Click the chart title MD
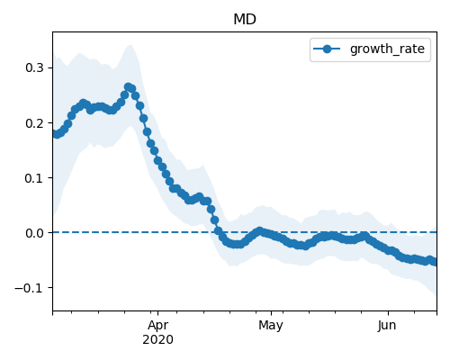pyautogui.click(x=245, y=20)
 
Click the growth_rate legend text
pyautogui.click(x=387, y=49)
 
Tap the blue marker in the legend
pyautogui.click(x=327, y=49)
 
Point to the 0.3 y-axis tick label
pyautogui.click(x=35, y=67)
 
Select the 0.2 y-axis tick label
pyautogui.click(x=35, y=123)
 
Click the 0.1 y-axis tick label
pyautogui.click(x=35, y=178)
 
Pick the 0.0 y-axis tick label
pyautogui.click(x=35, y=233)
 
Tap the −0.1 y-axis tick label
pyautogui.click(x=30, y=288)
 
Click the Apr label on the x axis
pyautogui.click(x=158, y=326)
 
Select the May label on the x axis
pyautogui.click(x=271, y=326)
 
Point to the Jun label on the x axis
pyautogui.click(x=388, y=326)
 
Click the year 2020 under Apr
pyautogui.click(x=157, y=340)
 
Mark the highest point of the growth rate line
pyautogui.click(x=129, y=87)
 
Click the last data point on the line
pyautogui.click(x=435, y=262)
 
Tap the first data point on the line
pyautogui.click(x=55, y=134)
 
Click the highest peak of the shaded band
pyautogui.click(x=130, y=45)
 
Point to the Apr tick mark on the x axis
pyautogui.click(x=158, y=313)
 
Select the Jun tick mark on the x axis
pyautogui.click(x=388, y=313)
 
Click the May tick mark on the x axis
pyautogui.click(x=271, y=313)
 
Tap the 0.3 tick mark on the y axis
pyautogui.click(x=50, y=67)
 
